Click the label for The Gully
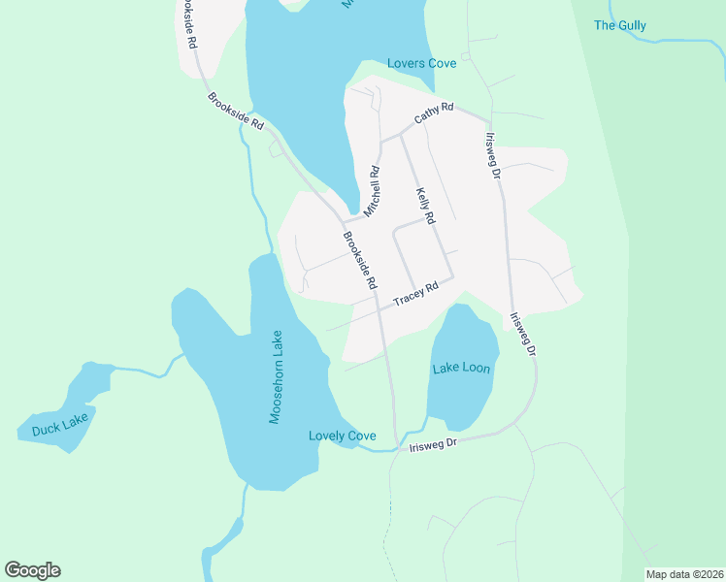(x=619, y=25)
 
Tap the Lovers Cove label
(x=421, y=63)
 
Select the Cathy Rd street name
(x=434, y=113)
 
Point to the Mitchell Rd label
(x=371, y=190)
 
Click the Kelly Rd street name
(x=423, y=203)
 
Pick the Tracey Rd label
(x=416, y=293)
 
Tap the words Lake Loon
(x=461, y=368)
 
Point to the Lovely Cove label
(x=342, y=436)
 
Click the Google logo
(x=32, y=570)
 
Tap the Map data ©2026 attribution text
(x=683, y=574)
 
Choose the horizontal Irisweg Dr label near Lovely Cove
(x=432, y=445)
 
